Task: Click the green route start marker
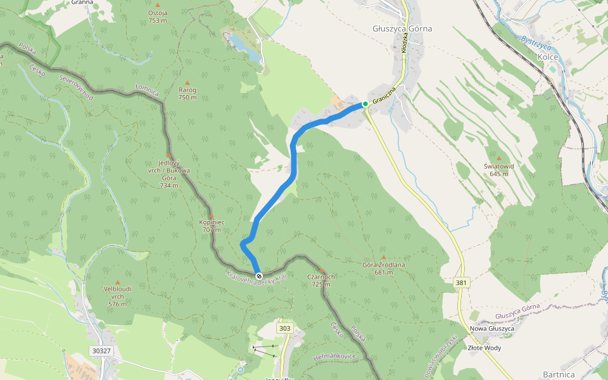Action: [x=365, y=104]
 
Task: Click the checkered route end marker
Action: [x=259, y=275]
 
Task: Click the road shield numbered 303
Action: [x=285, y=328]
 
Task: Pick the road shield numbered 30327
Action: [x=101, y=350]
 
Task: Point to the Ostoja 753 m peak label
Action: [x=158, y=16]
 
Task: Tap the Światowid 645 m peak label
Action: [x=498, y=169]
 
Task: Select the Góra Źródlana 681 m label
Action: [x=383, y=269]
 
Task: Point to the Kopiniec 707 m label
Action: [x=211, y=225]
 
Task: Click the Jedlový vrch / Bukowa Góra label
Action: [x=169, y=174]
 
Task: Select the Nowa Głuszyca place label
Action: [x=491, y=329]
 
